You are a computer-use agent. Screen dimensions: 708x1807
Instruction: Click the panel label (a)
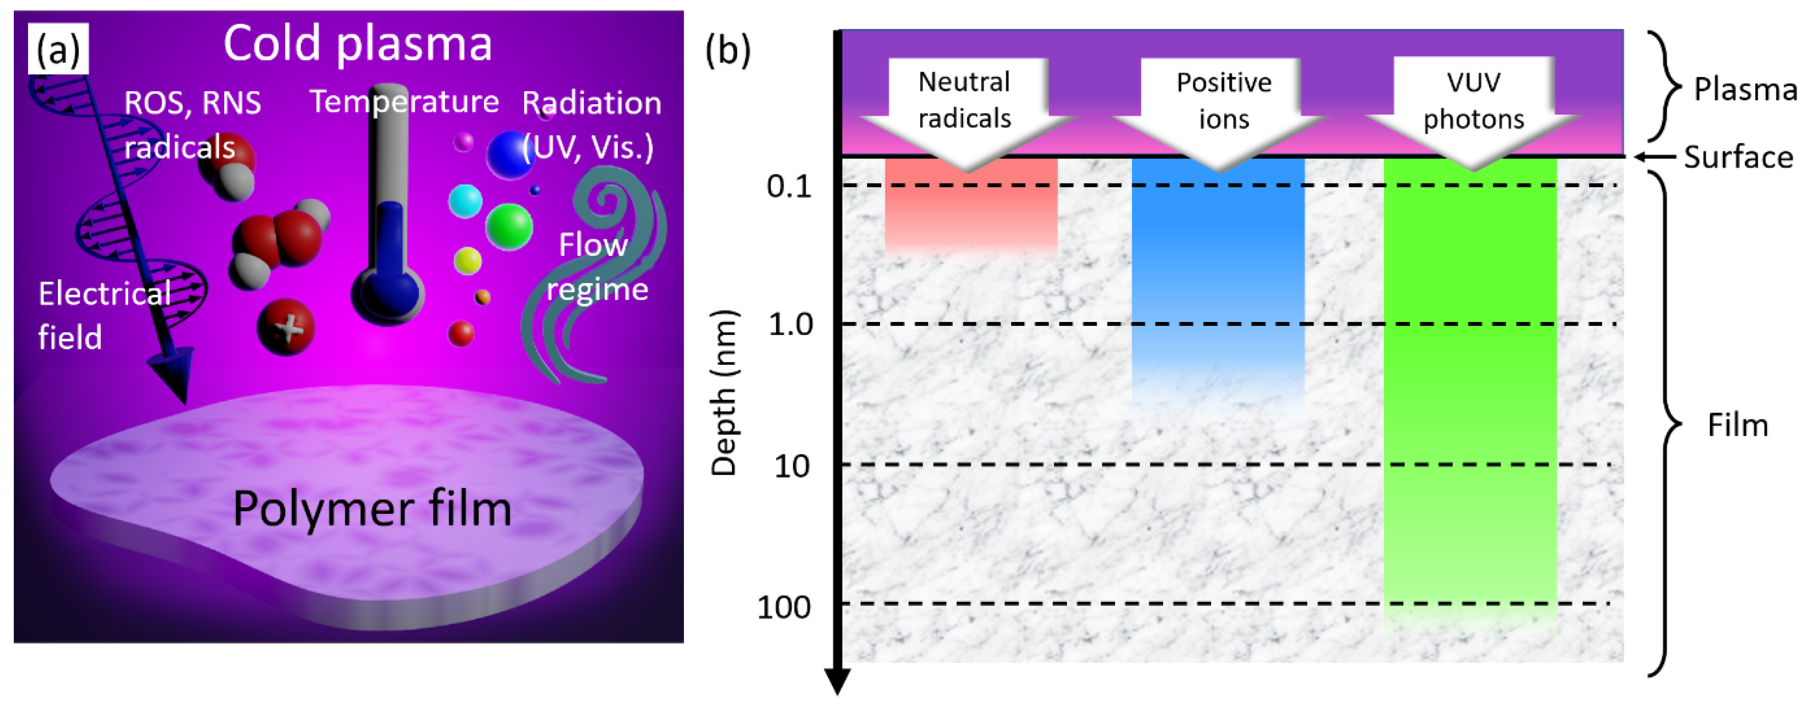(58, 49)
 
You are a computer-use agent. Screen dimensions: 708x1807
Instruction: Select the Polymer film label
(372, 508)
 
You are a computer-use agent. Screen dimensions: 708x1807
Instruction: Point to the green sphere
(509, 226)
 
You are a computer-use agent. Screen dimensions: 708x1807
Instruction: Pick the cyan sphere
(465, 201)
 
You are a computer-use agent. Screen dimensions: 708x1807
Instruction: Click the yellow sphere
(467, 261)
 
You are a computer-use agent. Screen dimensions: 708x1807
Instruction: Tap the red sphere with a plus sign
(286, 327)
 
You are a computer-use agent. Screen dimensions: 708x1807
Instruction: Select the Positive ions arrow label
(1224, 101)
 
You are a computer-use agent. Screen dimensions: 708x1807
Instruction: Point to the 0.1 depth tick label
(789, 186)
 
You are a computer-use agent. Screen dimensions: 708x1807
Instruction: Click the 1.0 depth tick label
(790, 325)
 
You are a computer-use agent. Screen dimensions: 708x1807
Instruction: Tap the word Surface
(1738, 157)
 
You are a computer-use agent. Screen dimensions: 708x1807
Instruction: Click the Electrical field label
(104, 315)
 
